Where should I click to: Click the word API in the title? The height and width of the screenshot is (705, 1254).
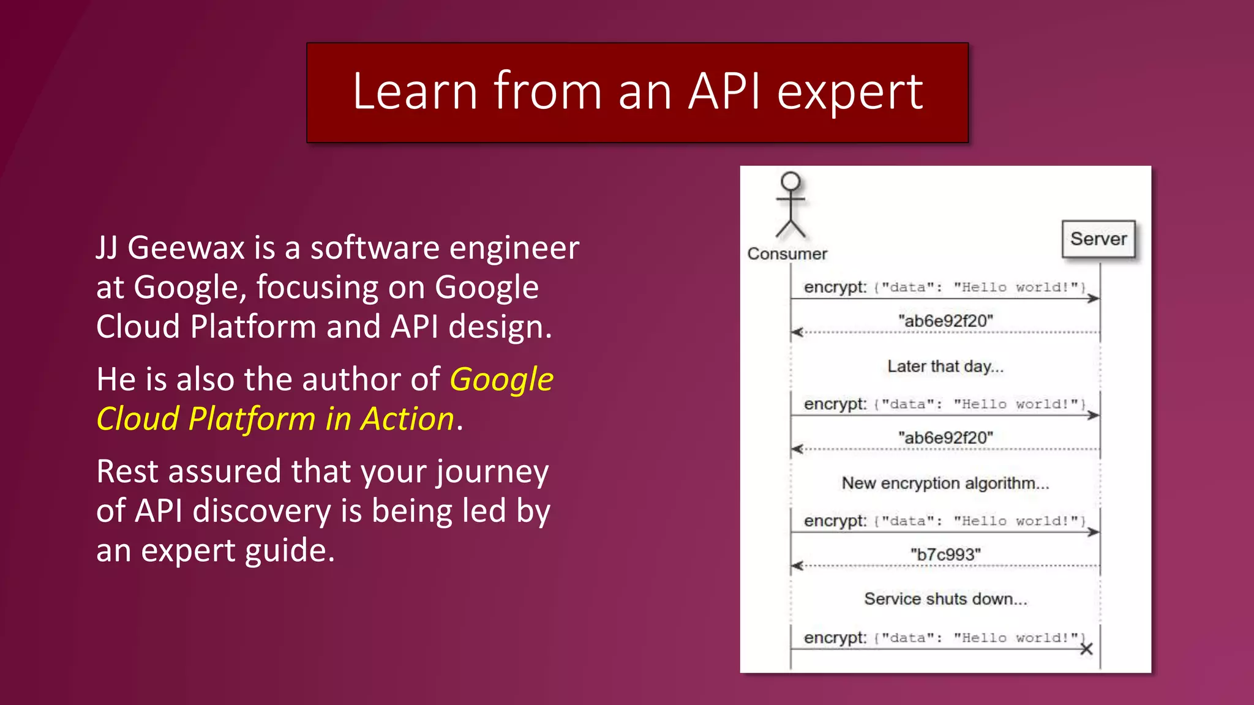pos(724,92)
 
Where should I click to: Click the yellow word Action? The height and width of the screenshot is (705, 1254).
pos(407,420)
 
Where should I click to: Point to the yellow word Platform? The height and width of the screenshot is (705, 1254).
pos(252,420)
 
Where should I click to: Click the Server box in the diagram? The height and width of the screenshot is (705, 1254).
pos(1098,239)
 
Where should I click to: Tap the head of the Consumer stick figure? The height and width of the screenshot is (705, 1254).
pos(790,181)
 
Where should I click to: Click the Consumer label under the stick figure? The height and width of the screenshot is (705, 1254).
pos(787,254)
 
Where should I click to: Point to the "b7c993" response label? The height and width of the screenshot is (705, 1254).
pos(945,554)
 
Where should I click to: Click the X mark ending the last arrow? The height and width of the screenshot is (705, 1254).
pos(1086,649)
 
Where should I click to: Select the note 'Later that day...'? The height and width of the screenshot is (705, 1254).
pos(945,367)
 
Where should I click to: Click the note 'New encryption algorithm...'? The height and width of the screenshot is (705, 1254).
pos(945,483)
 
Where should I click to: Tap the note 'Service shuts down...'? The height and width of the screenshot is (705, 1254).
pos(945,599)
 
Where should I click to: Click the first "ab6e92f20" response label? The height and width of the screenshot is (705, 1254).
pos(945,321)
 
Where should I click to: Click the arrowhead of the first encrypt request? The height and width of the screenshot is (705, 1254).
pos(1094,299)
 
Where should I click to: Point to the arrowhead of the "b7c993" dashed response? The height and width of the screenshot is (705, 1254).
pos(797,565)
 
